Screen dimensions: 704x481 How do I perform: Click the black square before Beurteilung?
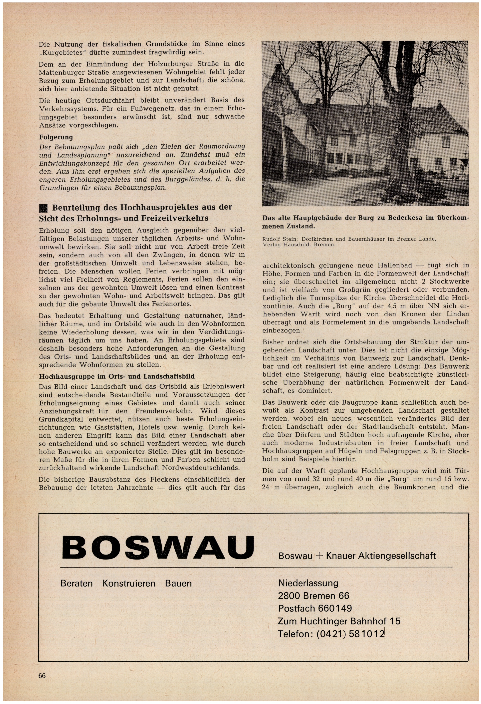click(x=43, y=208)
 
